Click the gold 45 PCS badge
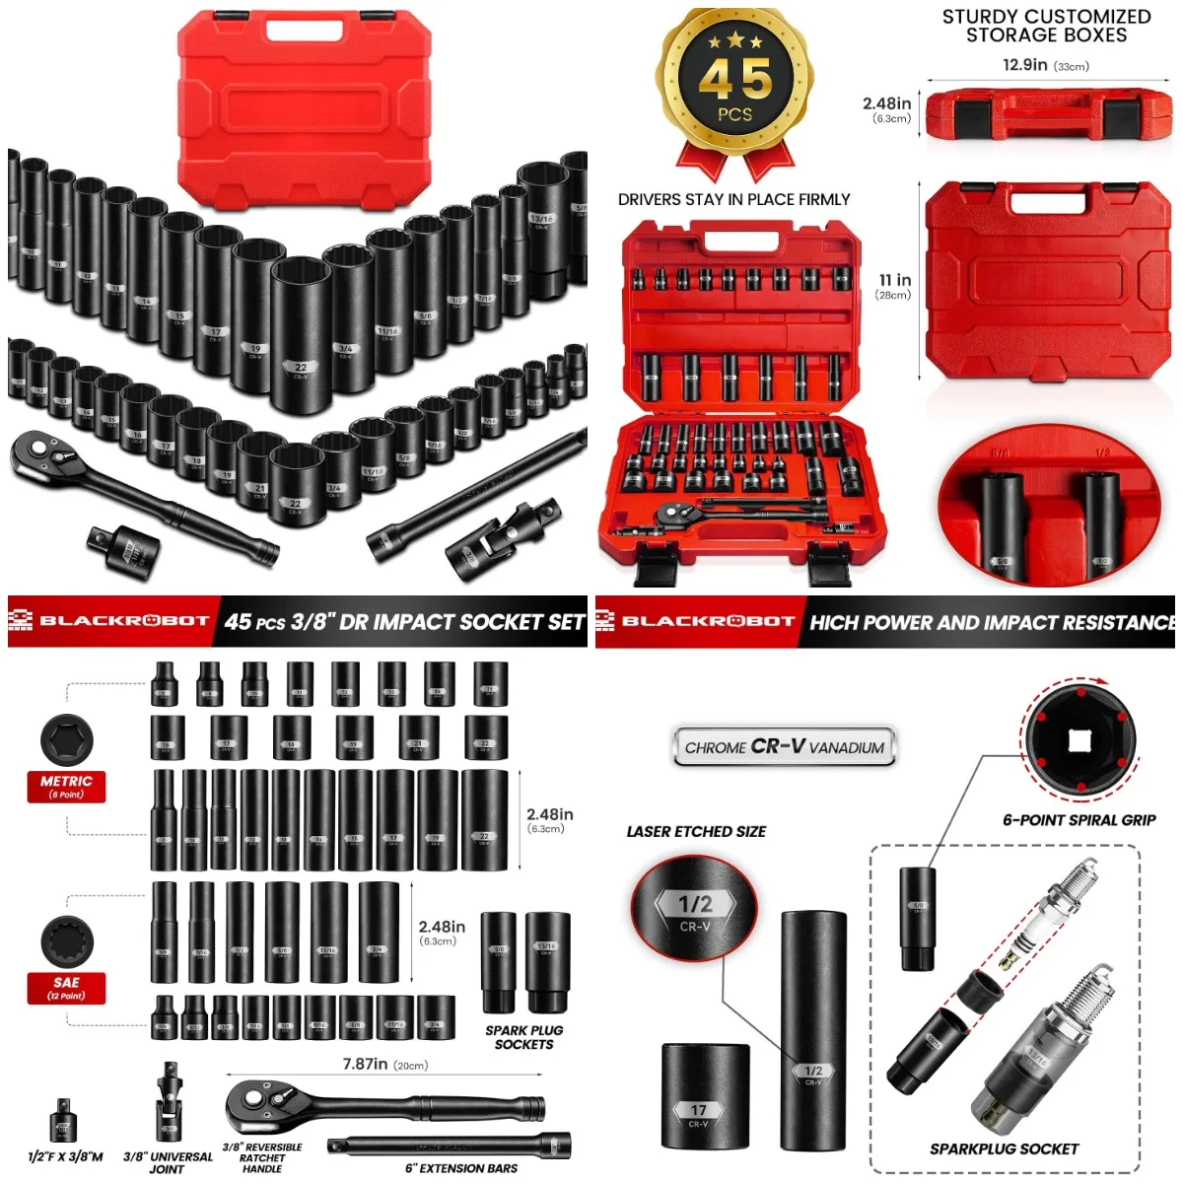[734, 84]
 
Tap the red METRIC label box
[66, 786]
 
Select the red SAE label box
[66, 988]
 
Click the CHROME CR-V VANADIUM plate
[785, 747]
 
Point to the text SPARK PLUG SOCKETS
[523, 1037]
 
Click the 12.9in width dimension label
[1045, 65]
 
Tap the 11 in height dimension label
[894, 285]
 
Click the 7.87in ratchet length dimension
[384, 1065]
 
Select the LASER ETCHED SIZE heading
[696, 832]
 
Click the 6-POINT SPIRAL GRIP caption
[1079, 820]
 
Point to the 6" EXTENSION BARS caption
[460, 1168]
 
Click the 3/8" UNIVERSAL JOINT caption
[167, 1162]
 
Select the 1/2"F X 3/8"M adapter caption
[65, 1156]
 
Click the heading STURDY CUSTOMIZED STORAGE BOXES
[1046, 26]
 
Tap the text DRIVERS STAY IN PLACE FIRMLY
[733, 199]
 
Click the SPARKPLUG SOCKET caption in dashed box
[1004, 1148]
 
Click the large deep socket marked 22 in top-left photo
[301, 325]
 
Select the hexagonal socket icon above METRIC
[66, 738]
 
